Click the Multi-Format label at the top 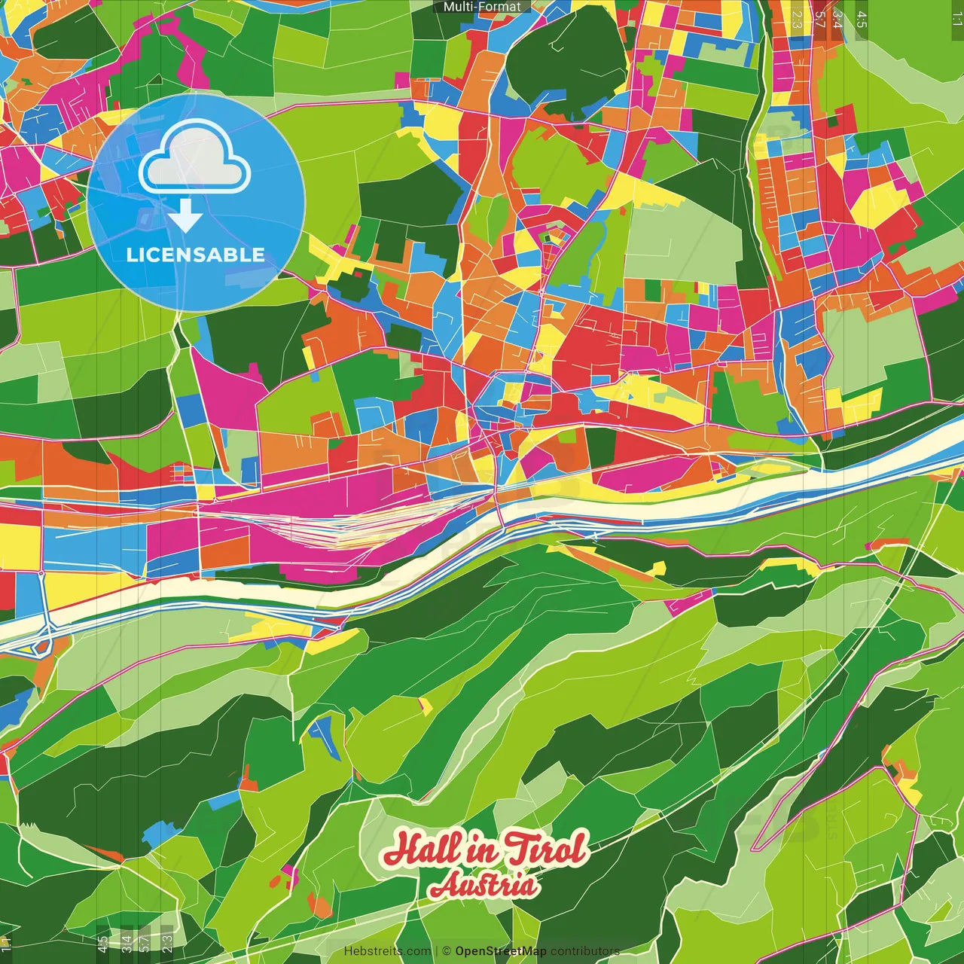click(482, 7)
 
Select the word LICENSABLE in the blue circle click(196, 255)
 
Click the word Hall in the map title click(421, 850)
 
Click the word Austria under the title click(484, 886)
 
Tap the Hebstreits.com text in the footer click(387, 951)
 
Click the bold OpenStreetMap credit click(501, 951)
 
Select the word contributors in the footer click(585, 951)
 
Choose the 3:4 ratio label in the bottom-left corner click(127, 943)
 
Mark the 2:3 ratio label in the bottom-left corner click(167, 943)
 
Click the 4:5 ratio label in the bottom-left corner click(102, 944)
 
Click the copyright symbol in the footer click(447, 951)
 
